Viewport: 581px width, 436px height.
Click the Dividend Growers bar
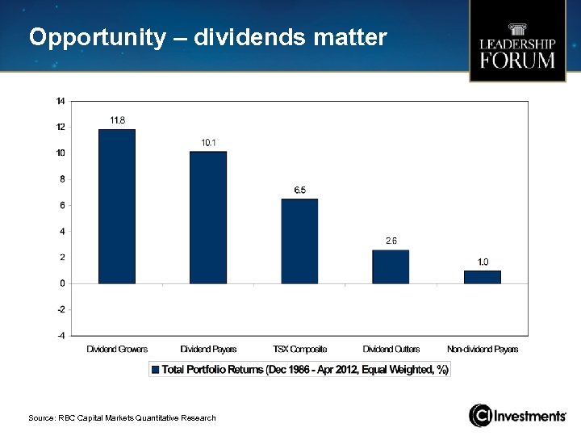click(x=117, y=207)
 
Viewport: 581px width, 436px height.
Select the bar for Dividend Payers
click(x=208, y=217)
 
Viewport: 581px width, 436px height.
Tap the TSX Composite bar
click(x=299, y=241)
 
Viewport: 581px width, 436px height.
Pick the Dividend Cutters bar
click(x=391, y=266)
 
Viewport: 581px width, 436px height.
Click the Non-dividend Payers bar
click(x=482, y=277)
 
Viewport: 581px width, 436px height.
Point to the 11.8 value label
click(x=117, y=120)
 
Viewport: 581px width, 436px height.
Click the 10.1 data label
click(x=208, y=143)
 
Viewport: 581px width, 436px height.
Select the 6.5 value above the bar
click(x=299, y=190)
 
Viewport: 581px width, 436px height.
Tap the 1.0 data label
click(x=483, y=262)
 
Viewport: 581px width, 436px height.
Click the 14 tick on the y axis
click(x=61, y=101)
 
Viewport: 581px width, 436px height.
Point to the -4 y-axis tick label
click(x=61, y=335)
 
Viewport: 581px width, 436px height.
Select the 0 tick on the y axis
click(x=62, y=283)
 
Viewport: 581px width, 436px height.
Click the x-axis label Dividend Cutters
click(x=391, y=350)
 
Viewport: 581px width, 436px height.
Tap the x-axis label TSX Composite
click(x=299, y=350)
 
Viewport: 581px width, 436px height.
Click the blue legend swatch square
click(x=156, y=369)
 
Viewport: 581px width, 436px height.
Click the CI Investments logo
click(x=517, y=416)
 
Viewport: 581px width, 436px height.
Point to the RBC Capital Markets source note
click(x=122, y=417)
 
